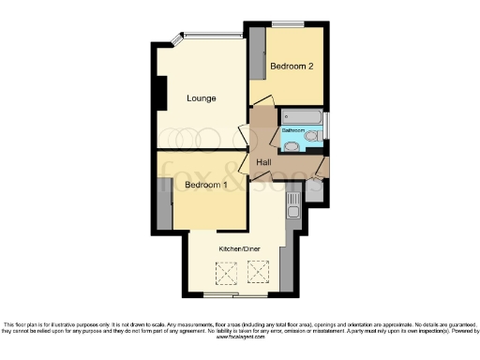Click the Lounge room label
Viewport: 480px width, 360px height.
tap(202, 98)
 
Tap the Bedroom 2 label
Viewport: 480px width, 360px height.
tap(292, 67)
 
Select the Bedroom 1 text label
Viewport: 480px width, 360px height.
tap(206, 186)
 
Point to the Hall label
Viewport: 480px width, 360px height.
tap(264, 162)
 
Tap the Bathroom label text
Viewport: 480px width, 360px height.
tap(294, 130)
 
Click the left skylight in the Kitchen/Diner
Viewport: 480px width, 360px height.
tap(224, 274)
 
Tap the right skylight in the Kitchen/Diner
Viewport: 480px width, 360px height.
tap(257, 274)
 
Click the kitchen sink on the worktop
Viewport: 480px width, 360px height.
tap(292, 200)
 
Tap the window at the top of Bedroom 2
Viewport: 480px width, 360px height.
tap(286, 23)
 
